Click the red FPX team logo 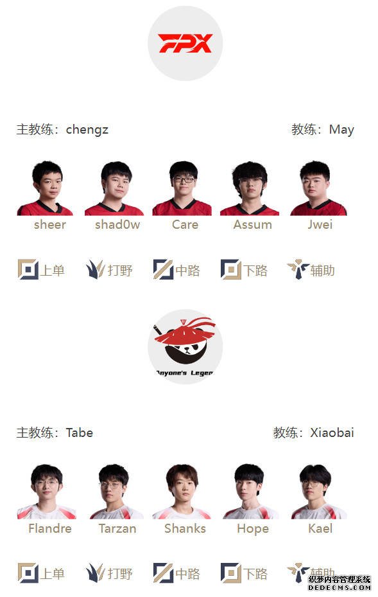point(185,43)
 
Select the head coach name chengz point(87,130)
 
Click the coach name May point(341,130)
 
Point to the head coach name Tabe point(80,433)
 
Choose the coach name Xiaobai point(332,433)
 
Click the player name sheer point(50,225)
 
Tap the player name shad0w point(117,225)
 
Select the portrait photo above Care point(182,188)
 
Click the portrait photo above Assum point(250,188)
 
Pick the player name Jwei point(320,224)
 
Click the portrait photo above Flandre point(46,491)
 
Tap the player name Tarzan point(117,528)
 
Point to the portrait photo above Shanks point(182,491)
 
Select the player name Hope point(253,529)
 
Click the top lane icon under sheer point(28,269)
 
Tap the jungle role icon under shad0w point(96,269)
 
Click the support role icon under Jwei point(298,269)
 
